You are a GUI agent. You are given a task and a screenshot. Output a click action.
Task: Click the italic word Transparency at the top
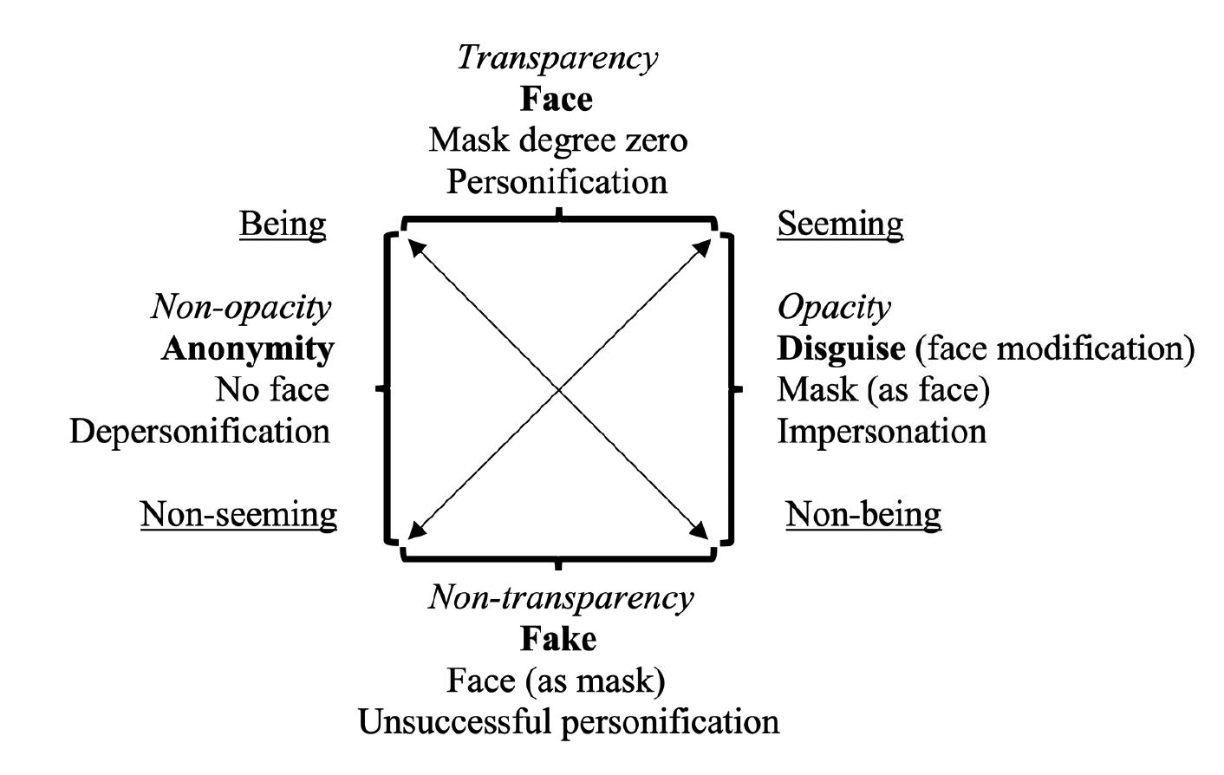[x=557, y=58]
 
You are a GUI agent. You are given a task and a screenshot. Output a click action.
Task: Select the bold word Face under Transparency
[x=557, y=99]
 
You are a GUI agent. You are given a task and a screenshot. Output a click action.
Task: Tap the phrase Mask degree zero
[x=557, y=140]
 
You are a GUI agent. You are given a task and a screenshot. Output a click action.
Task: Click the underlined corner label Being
[x=283, y=224]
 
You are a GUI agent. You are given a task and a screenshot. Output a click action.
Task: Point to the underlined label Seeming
[x=839, y=224]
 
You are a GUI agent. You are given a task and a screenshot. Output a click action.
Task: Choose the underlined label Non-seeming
[x=238, y=514]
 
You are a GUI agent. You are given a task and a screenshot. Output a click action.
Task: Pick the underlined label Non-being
[x=863, y=514]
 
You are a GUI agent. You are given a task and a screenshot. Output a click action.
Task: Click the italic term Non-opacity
[x=241, y=307]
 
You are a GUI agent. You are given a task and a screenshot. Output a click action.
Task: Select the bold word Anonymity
[x=247, y=348]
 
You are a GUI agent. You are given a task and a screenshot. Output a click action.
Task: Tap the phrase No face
[x=272, y=390]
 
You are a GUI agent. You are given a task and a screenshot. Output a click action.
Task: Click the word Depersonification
[x=199, y=432]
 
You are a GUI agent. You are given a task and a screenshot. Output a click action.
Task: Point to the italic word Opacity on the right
[x=833, y=307]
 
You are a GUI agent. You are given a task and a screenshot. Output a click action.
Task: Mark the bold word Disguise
[x=841, y=348]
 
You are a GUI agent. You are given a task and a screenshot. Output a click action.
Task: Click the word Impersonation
[x=882, y=432]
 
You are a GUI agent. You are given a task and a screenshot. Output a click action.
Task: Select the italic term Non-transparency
[x=561, y=597]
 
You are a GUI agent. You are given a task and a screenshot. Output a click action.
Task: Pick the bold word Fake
[x=558, y=639]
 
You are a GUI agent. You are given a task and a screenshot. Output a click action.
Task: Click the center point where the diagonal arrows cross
[x=559, y=390]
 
